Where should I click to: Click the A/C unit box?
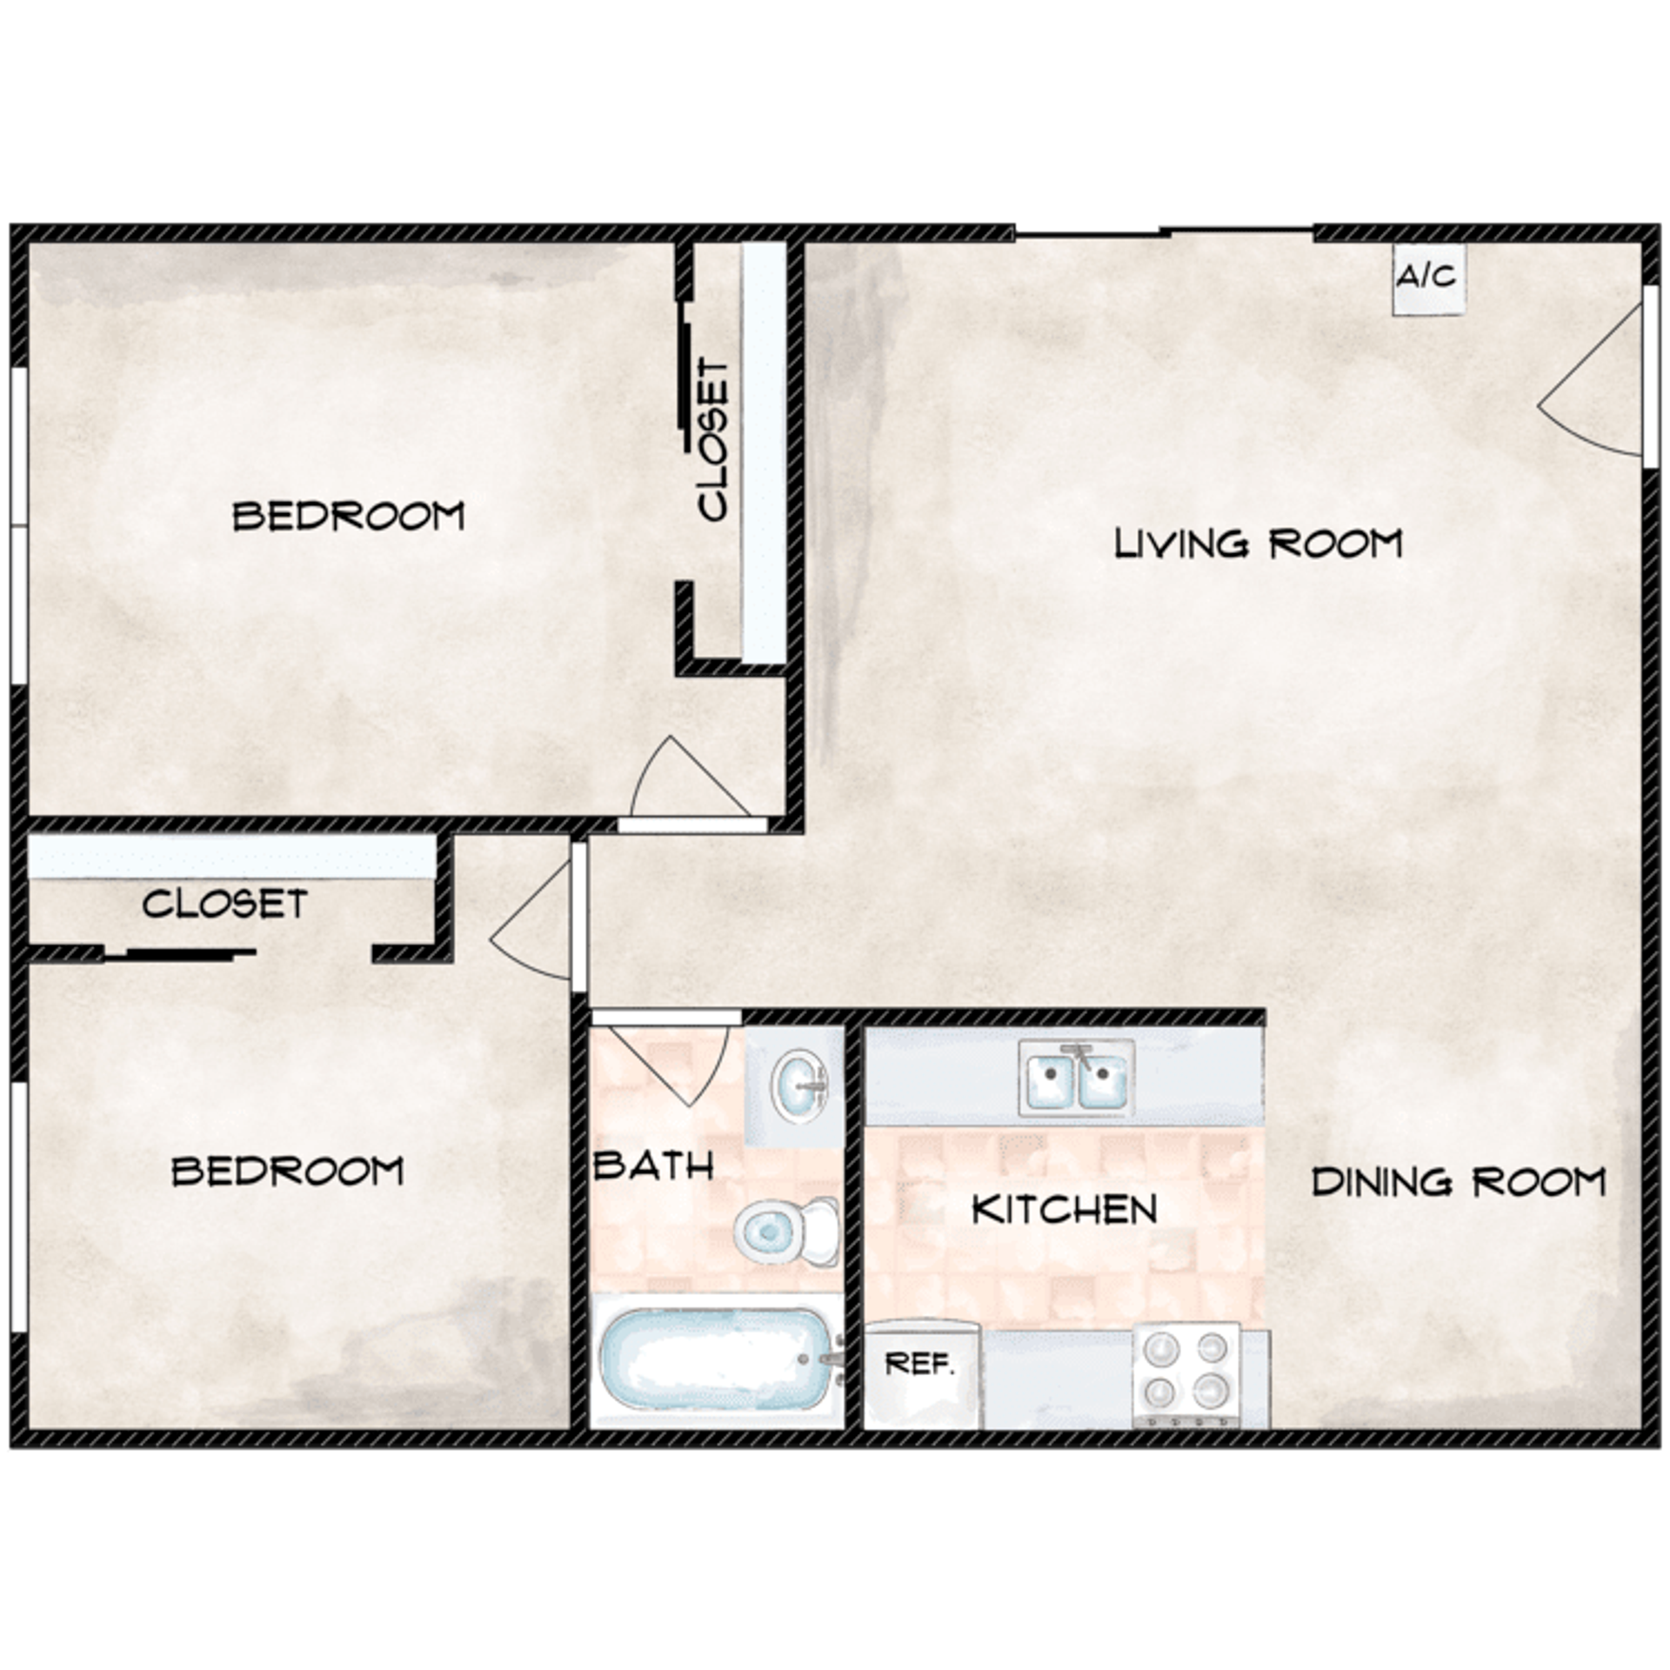click(1428, 278)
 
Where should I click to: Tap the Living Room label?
click(1258, 544)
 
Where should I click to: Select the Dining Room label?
click(1458, 1182)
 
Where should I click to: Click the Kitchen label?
click(1064, 1210)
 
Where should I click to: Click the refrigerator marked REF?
click(921, 1374)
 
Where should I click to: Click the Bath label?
click(653, 1166)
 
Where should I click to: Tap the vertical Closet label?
click(713, 440)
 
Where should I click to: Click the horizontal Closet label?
click(224, 905)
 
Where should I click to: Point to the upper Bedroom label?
click(348, 517)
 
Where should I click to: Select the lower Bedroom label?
click(287, 1172)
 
